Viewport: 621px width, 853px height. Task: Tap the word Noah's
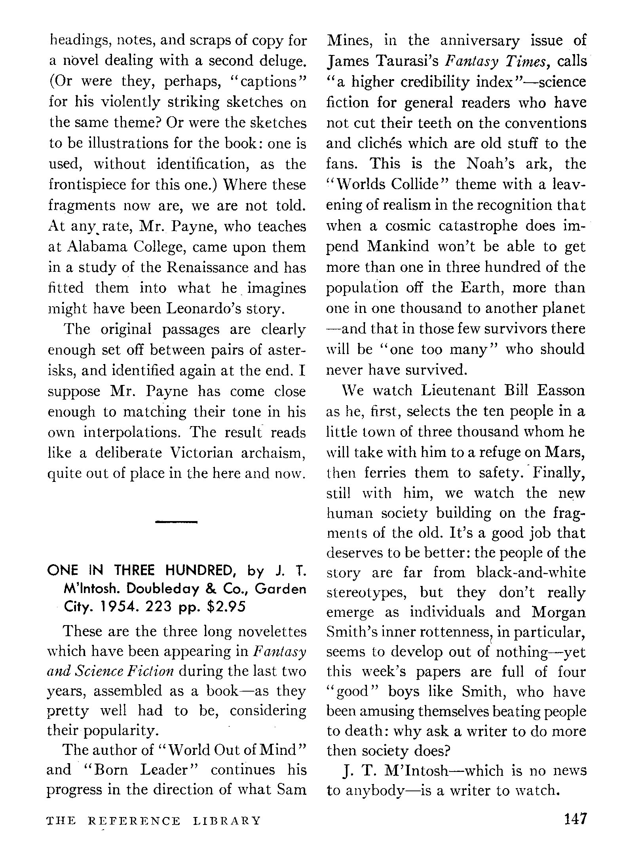tap(490, 164)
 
